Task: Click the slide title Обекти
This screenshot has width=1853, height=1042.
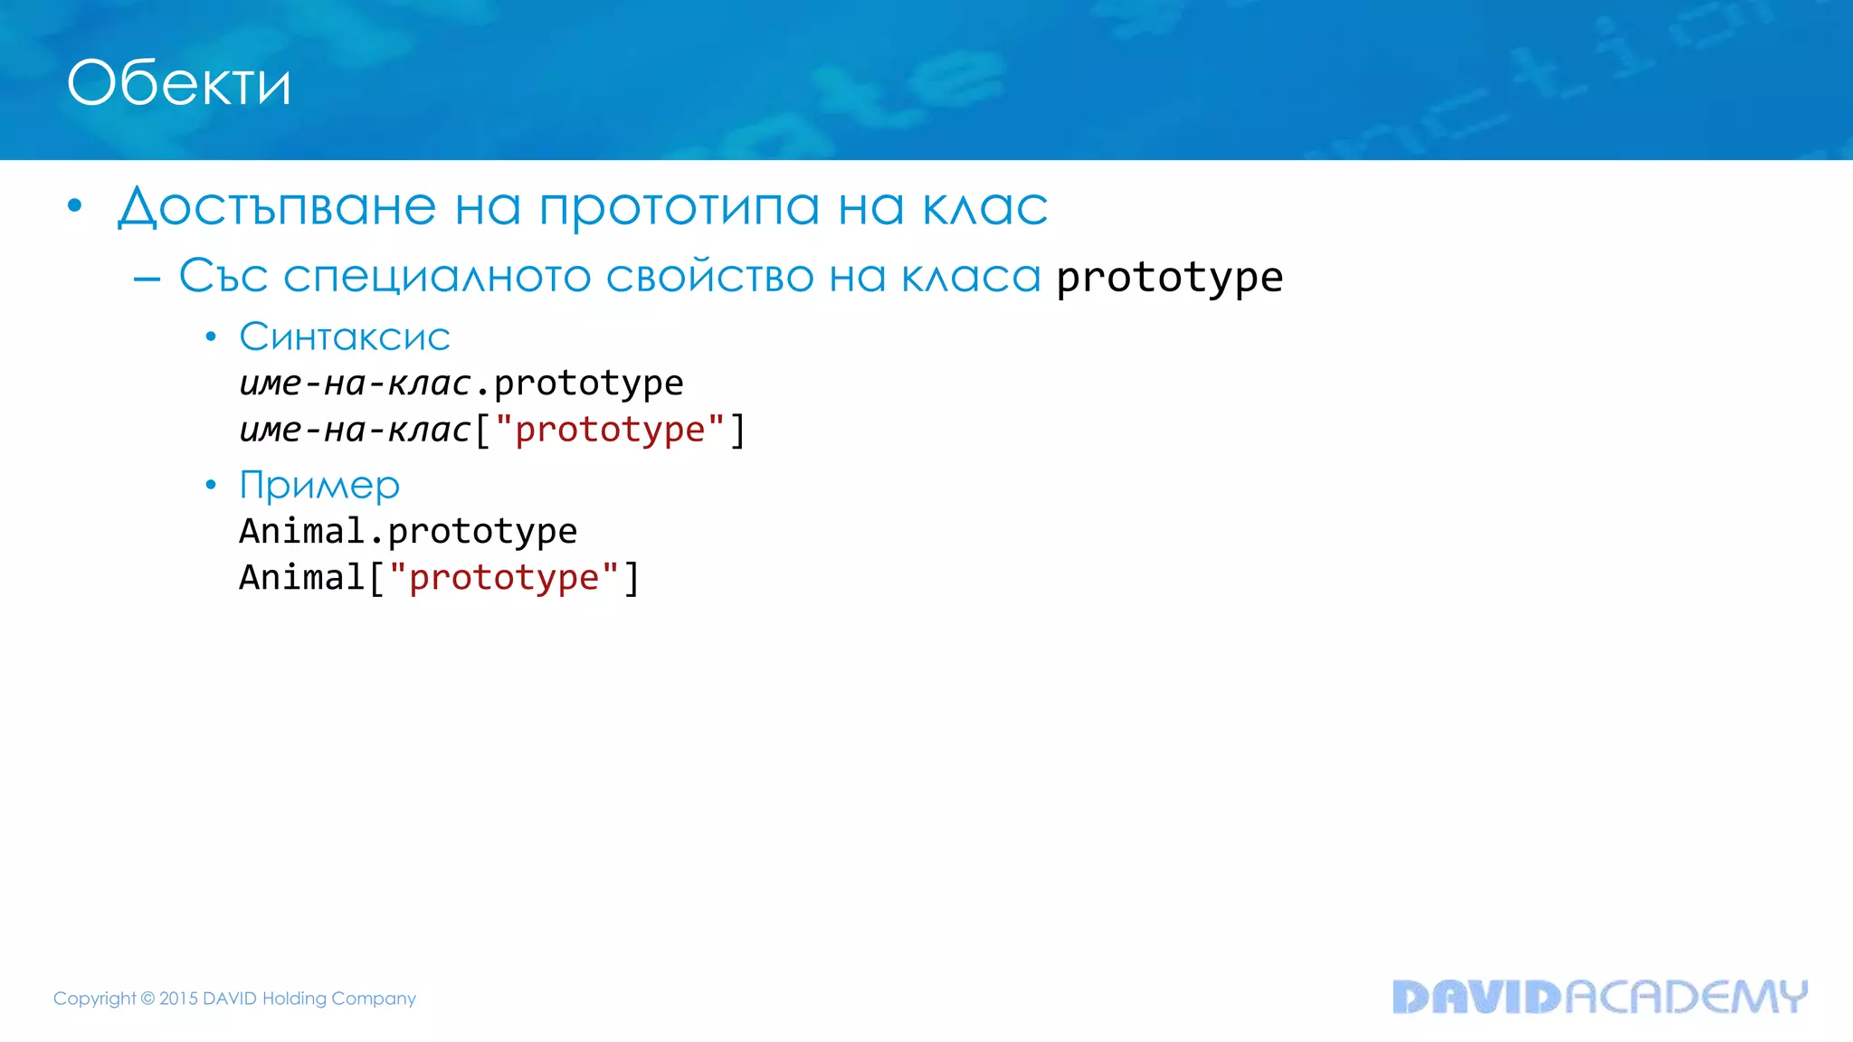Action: pos(179,83)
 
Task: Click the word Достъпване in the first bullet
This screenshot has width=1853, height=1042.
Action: pos(277,206)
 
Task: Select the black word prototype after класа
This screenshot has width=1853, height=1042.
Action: pos(1169,277)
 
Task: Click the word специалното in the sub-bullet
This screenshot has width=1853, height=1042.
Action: pos(437,276)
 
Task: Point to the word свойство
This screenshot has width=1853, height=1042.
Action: pos(709,276)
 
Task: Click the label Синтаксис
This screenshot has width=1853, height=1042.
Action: pos(344,336)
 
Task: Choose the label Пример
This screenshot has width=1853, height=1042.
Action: pos(318,486)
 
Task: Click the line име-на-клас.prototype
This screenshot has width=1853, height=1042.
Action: pos(461,384)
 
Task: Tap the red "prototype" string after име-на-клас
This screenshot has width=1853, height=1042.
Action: pos(610,430)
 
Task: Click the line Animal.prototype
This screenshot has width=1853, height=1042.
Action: pos(408,531)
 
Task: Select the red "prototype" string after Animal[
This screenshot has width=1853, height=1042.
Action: pos(504,577)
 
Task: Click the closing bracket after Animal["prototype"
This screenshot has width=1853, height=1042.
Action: pos(632,578)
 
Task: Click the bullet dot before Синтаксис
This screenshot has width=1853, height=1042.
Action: pos(211,337)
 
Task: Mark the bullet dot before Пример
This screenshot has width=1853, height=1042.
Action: pos(211,486)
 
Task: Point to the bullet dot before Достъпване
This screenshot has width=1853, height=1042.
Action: pos(75,206)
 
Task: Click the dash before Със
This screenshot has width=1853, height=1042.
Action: pos(147,279)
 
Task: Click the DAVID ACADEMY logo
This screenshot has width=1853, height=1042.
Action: pos(1599,996)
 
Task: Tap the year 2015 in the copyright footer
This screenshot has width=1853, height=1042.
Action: pos(178,999)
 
